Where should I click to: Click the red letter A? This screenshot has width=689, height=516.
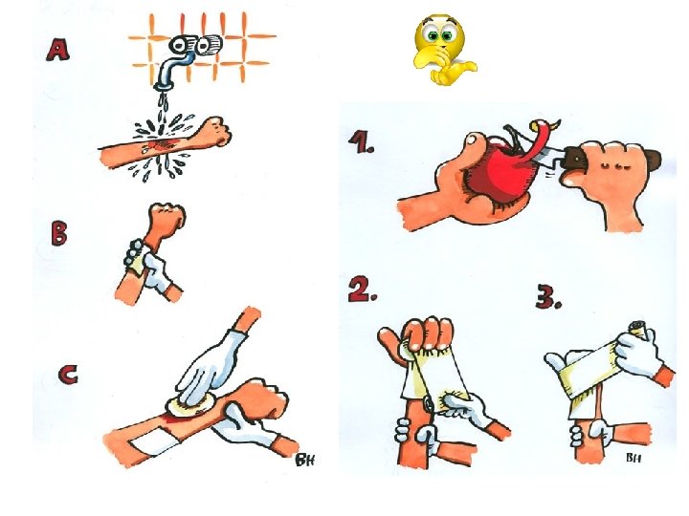pyautogui.click(x=58, y=50)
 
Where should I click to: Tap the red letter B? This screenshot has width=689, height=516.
pyautogui.click(x=59, y=233)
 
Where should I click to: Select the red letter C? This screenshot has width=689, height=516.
pyautogui.click(x=68, y=375)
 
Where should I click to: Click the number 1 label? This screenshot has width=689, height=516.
pyautogui.click(x=361, y=142)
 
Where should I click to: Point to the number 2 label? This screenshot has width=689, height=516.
pyautogui.click(x=363, y=290)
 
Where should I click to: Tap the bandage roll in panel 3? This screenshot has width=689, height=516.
pyautogui.click(x=639, y=330)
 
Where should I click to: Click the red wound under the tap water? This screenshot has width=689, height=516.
pyautogui.click(x=161, y=144)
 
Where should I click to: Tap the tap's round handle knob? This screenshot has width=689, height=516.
pyautogui.click(x=208, y=45)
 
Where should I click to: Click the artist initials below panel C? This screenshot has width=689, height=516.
pyautogui.click(x=305, y=460)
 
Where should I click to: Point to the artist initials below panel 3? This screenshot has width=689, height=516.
pyautogui.click(x=633, y=458)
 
